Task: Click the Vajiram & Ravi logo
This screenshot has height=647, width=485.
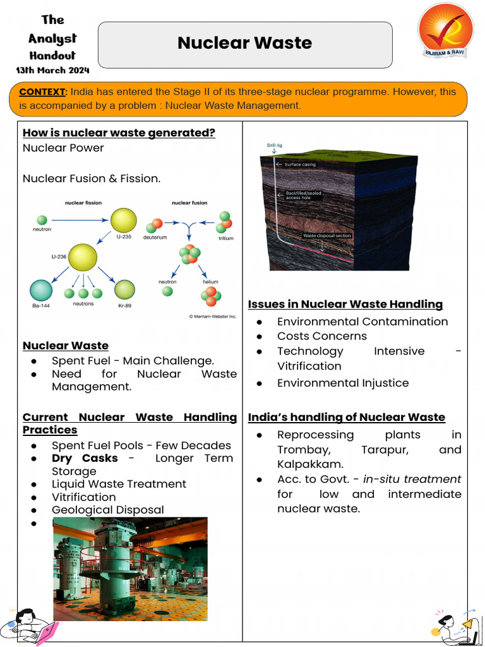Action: pyautogui.click(x=444, y=30)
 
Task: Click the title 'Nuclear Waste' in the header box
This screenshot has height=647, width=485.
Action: pyautogui.click(x=244, y=43)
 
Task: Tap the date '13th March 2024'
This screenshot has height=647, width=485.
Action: pyautogui.click(x=52, y=70)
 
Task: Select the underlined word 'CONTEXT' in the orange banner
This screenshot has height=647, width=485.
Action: pyautogui.click(x=42, y=92)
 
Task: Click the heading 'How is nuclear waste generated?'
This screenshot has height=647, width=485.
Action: pyautogui.click(x=119, y=133)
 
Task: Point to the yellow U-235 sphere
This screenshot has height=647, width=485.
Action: pyautogui.click(x=123, y=220)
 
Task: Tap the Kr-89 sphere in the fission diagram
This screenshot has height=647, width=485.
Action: pyautogui.click(x=124, y=289)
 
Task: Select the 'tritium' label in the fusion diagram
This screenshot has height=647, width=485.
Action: pyautogui.click(x=225, y=238)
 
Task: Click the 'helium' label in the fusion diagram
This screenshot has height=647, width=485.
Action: pyautogui.click(x=210, y=282)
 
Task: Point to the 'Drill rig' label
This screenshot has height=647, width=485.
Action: pyautogui.click(x=275, y=146)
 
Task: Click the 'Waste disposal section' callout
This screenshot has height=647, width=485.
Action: pyautogui.click(x=326, y=236)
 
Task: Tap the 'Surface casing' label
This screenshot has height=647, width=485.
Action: pyautogui.click(x=300, y=164)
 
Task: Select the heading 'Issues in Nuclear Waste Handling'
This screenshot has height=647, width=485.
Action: pyautogui.click(x=345, y=304)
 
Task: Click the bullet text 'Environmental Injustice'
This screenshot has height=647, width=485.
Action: pyautogui.click(x=343, y=383)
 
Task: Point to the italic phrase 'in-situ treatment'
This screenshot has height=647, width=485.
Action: pyautogui.click(x=412, y=479)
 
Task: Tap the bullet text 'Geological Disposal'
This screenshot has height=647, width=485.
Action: pyautogui.click(x=107, y=510)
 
